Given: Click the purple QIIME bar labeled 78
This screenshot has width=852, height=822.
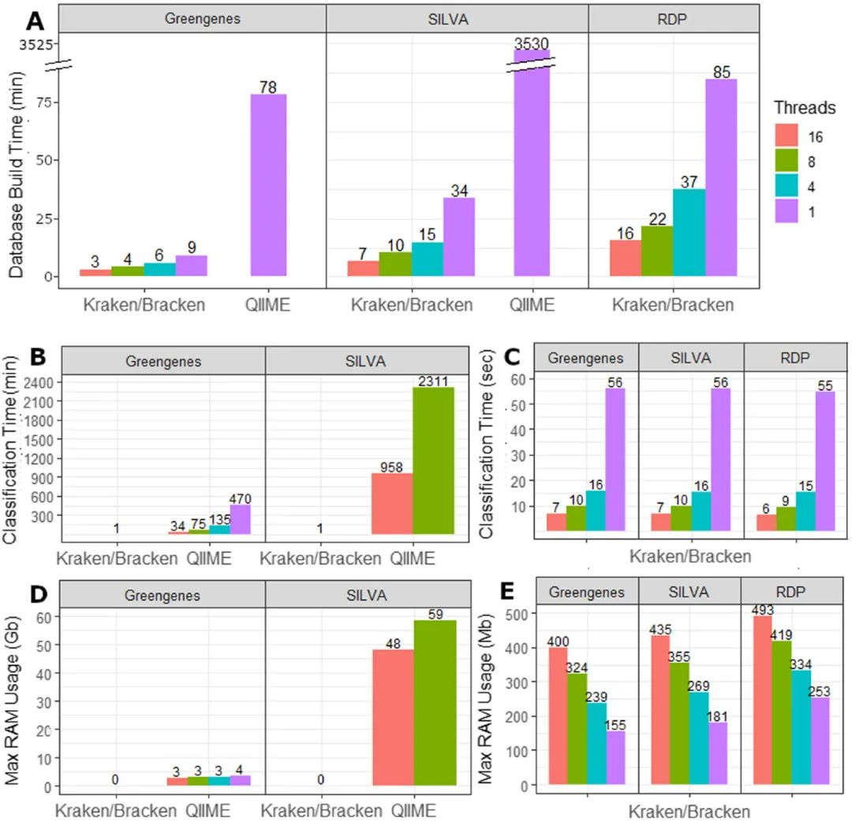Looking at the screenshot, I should click(x=268, y=185).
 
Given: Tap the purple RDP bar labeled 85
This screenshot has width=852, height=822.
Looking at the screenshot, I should click(x=720, y=177).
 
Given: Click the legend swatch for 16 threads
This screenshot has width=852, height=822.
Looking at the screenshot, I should click(x=787, y=136).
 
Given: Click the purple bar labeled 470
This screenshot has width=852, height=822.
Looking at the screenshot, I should click(x=240, y=520).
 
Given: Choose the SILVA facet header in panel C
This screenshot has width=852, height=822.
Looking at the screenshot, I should click(x=691, y=357).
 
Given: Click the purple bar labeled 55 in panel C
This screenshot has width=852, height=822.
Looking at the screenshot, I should click(x=825, y=461).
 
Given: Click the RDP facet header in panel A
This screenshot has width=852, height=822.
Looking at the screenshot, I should click(x=674, y=17).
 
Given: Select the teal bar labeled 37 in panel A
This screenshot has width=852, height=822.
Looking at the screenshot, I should click(x=689, y=233).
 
